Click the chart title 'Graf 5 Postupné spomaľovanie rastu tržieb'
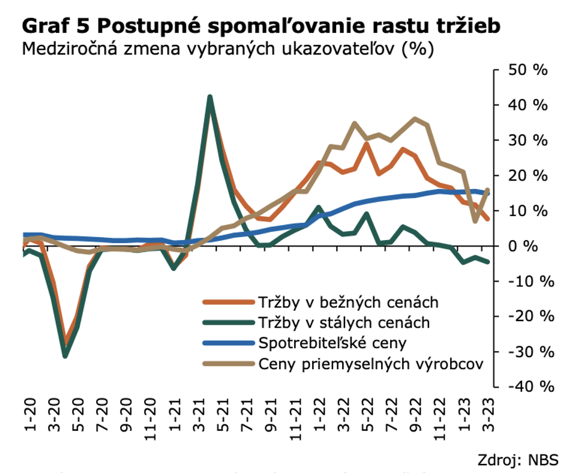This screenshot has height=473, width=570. [x=260, y=27]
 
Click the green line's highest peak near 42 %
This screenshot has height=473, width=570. [x=209, y=97]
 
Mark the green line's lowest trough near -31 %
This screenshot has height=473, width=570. [x=65, y=355]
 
